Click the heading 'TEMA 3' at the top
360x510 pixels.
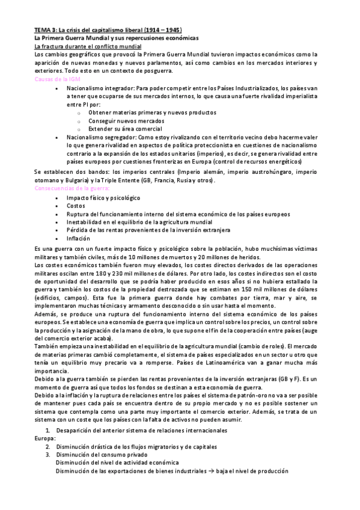(x=43, y=29)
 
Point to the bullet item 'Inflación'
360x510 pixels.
(x=79, y=238)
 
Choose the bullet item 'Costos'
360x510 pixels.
(x=76, y=205)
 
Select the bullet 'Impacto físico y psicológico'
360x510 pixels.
(x=103, y=197)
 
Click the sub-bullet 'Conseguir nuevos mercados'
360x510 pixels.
(x=126, y=120)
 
